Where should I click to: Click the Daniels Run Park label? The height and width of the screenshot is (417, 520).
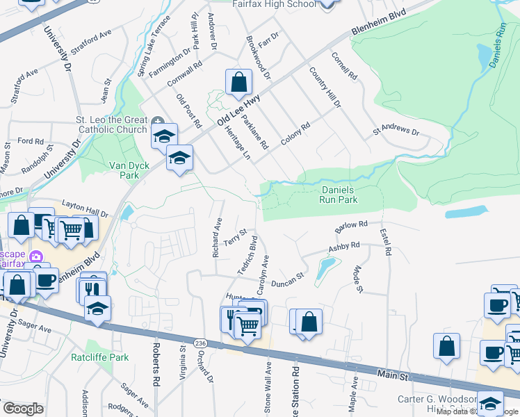339,195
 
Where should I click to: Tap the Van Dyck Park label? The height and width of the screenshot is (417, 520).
124,170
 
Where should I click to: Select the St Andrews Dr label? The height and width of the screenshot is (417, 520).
396,131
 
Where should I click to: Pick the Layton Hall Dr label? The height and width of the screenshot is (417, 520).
86,208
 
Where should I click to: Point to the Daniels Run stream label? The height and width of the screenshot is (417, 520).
498,45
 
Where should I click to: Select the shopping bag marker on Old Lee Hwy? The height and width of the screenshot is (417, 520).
238,81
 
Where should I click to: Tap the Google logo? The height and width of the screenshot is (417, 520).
24,409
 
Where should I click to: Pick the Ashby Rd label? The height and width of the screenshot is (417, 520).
344,247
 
